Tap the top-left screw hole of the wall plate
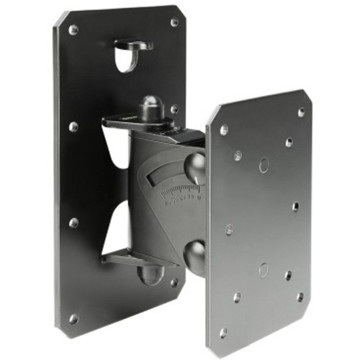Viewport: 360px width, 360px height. [73, 30]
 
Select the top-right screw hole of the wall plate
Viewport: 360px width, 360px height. [174, 22]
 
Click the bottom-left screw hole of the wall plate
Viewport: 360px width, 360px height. [73, 318]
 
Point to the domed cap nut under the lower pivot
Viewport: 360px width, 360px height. [151, 274]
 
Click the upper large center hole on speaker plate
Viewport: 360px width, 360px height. [264, 166]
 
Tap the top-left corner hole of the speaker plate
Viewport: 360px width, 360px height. [224, 130]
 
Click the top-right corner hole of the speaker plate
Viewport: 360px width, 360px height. [301, 112]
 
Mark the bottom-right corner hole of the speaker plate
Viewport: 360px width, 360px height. [300, 296]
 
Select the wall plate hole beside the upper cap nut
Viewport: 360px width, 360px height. [174, 109]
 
